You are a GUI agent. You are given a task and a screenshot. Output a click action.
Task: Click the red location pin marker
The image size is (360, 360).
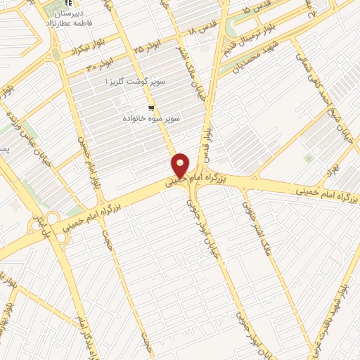181,166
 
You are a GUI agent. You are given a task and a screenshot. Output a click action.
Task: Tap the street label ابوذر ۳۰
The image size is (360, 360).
101,63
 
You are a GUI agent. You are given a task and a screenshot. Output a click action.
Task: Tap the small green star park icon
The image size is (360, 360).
307,158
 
